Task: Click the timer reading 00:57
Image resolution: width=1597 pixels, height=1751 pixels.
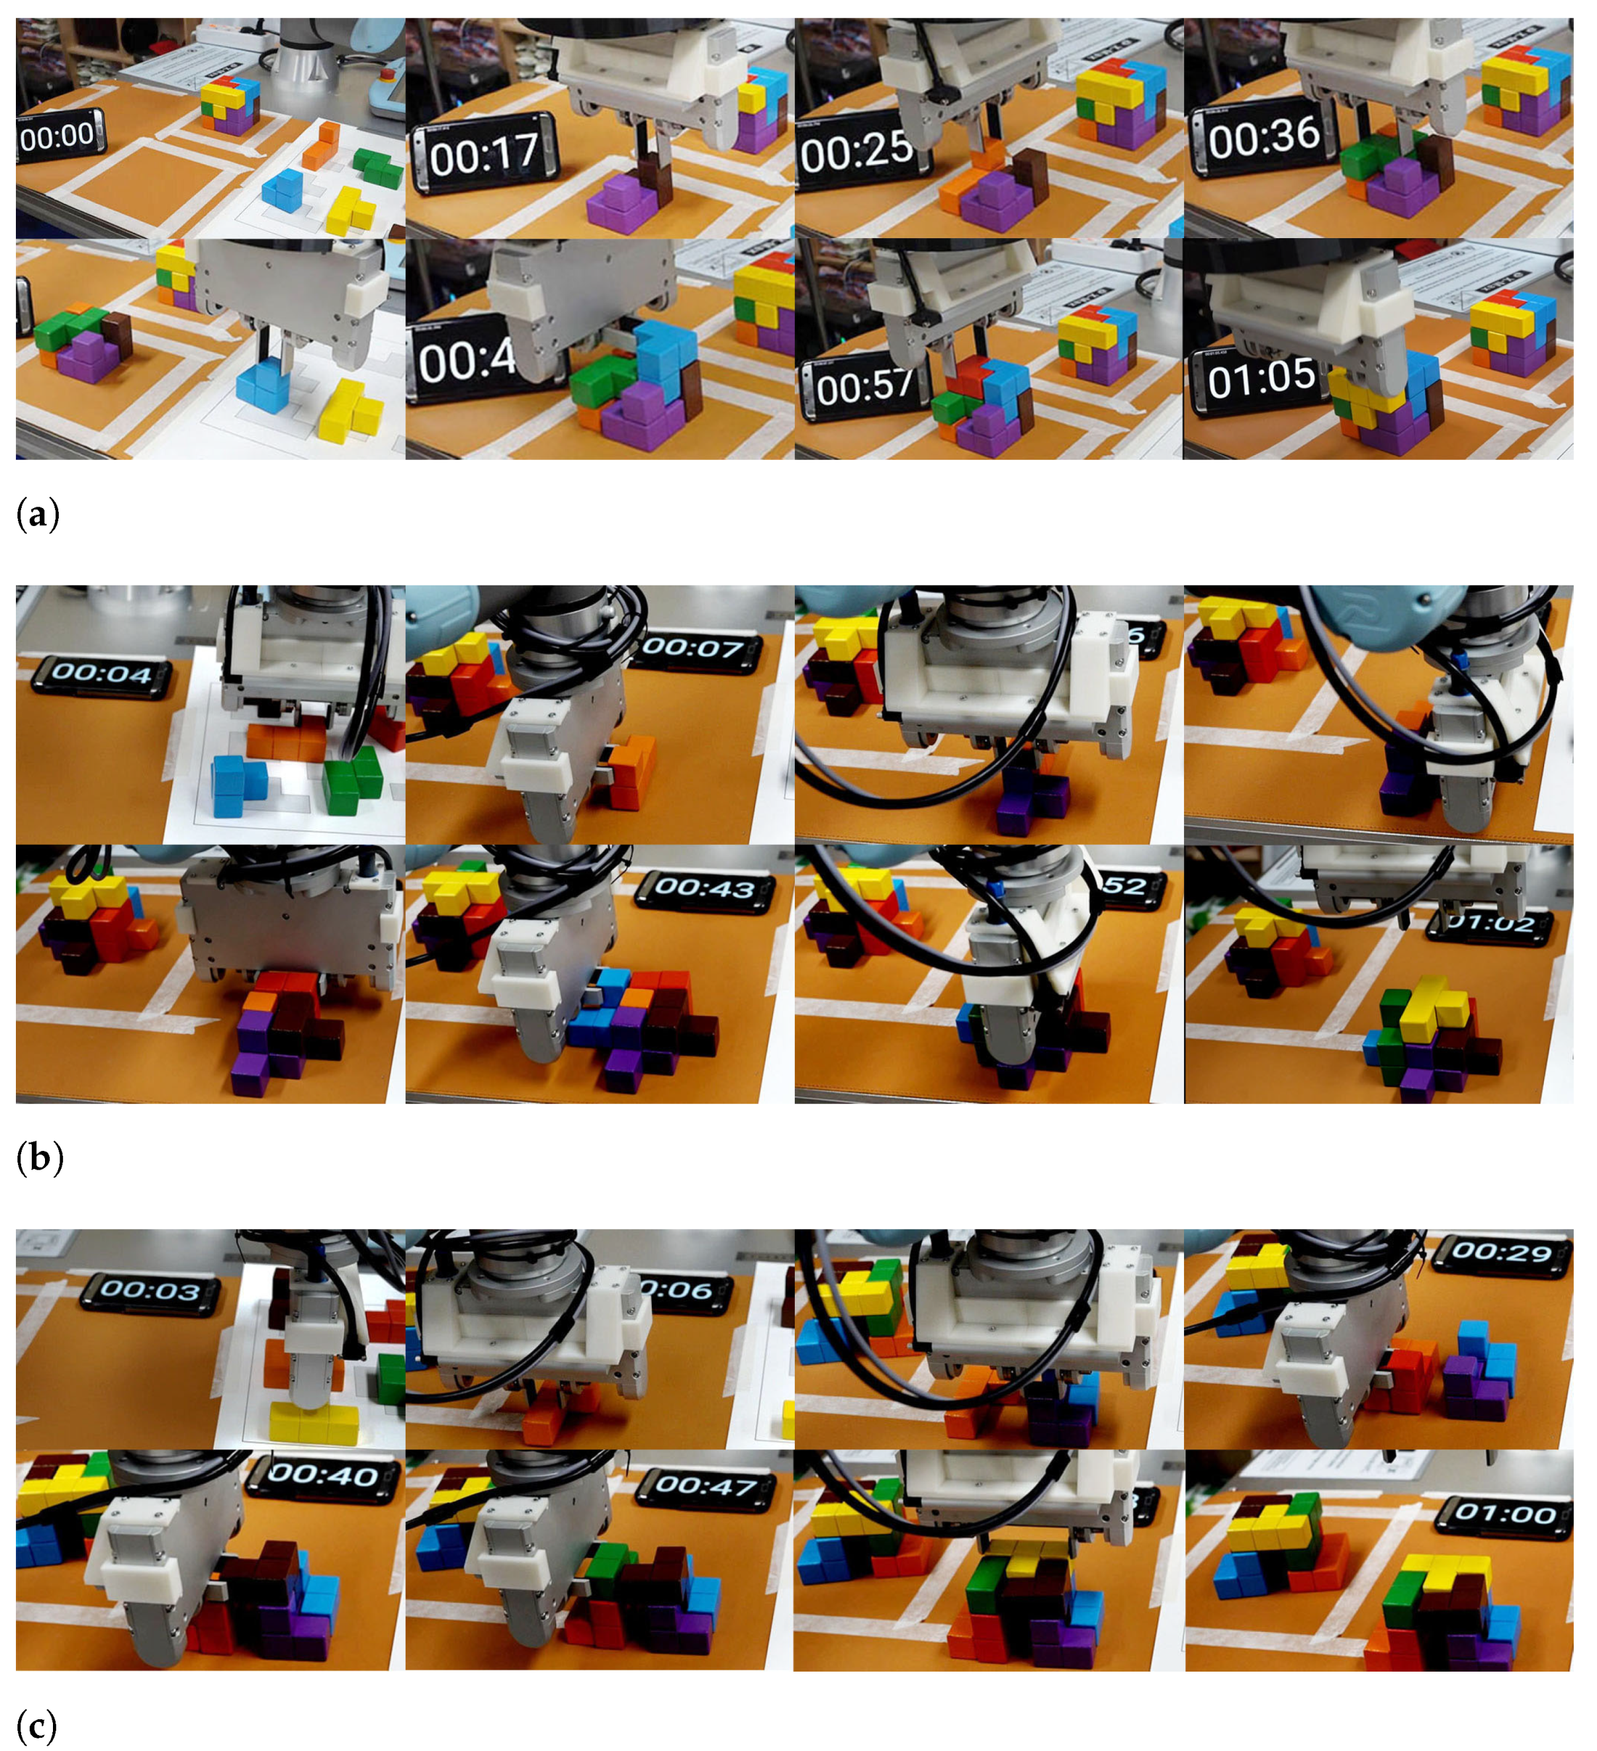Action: tap(864, 386)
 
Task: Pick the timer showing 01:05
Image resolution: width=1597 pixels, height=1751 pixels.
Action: tap(1260, 378)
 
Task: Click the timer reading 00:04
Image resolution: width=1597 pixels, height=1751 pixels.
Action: tap(103, 674)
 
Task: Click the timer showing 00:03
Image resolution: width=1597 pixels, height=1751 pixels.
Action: tap(150, 1290)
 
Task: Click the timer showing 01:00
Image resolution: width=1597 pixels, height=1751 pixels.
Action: tap(1505, 1513)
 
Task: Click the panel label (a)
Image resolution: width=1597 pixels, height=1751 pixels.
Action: tap(37, 515)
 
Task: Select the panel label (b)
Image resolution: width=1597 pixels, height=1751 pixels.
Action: tap(39, 1159)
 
